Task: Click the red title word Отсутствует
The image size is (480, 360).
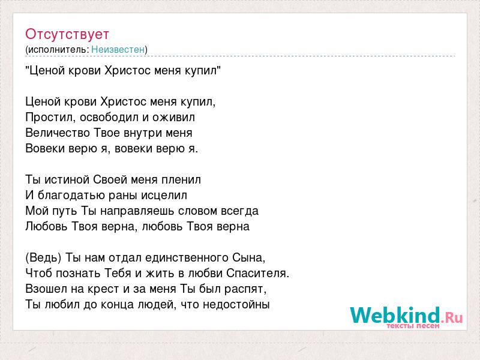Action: (x=67, y=34)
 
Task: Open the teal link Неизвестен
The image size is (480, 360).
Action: (x=118, y=50)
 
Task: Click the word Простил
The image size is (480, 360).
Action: (x=49, y=118)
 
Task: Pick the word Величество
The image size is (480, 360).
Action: (x=58, y=133)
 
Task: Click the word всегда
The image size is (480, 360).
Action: (x=239, y=211)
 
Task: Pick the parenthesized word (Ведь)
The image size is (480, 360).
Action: (x=43, y=258)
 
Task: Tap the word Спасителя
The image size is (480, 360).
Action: (x=258, y=274)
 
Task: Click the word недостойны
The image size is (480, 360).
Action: (x=236, y=305)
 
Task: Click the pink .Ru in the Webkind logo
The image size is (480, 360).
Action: (x=452, y=317)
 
